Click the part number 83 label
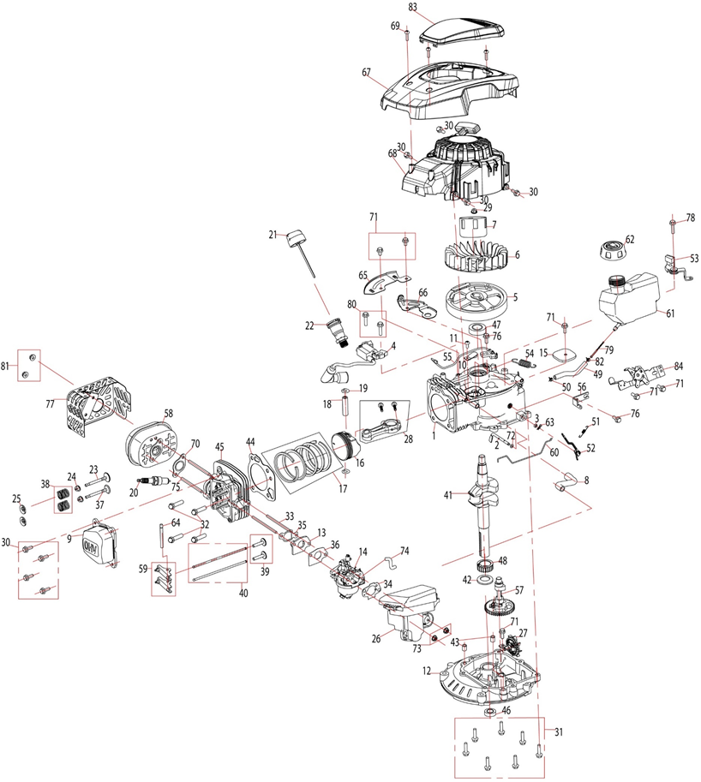(x=413, y=7)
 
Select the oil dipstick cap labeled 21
(x=296, y=237)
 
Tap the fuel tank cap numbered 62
(x=611, y=252)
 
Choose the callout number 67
(x=366, y=73)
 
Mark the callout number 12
(x=427, y=672)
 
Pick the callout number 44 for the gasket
(x=250, y=441)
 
